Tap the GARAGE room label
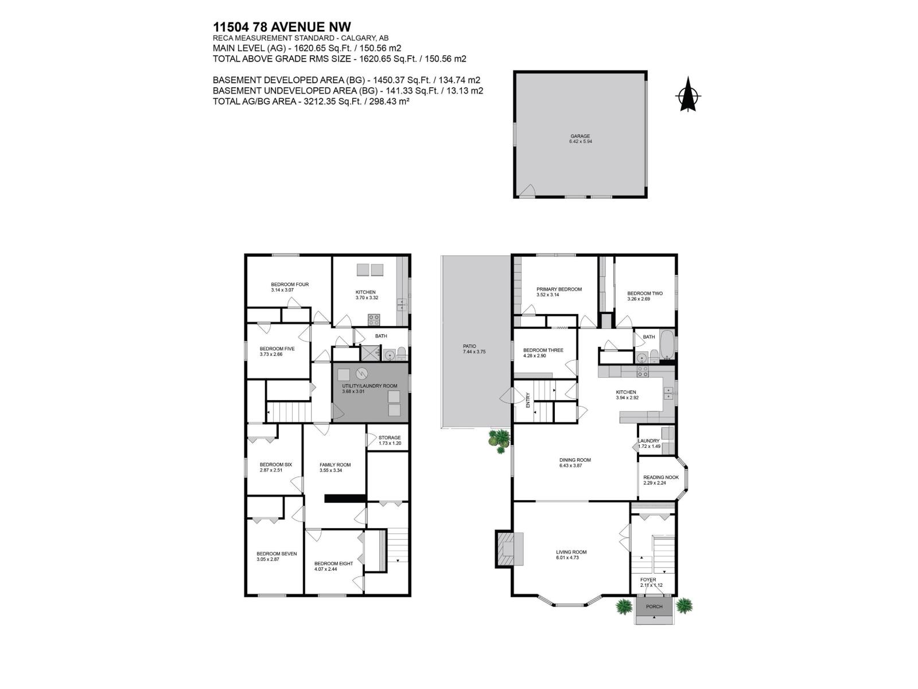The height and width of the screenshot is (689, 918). (x=580, y=136)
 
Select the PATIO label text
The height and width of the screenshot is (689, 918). (x=469, y=346)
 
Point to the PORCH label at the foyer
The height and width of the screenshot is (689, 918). (x=654, y=606)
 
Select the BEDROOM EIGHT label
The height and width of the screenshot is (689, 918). (x=333, y=563)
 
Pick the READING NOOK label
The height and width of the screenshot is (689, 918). (x=660, y=477)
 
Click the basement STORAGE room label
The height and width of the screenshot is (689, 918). (x=390, y=438)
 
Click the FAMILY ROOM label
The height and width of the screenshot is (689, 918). (x=335, y=465)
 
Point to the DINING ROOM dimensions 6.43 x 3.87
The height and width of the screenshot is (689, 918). (x=575, y=466)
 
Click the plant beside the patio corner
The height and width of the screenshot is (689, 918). (x=499, y=439)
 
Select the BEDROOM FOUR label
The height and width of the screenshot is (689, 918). (x=290, y=284)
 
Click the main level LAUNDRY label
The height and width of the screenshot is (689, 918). (x=649, y=441)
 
